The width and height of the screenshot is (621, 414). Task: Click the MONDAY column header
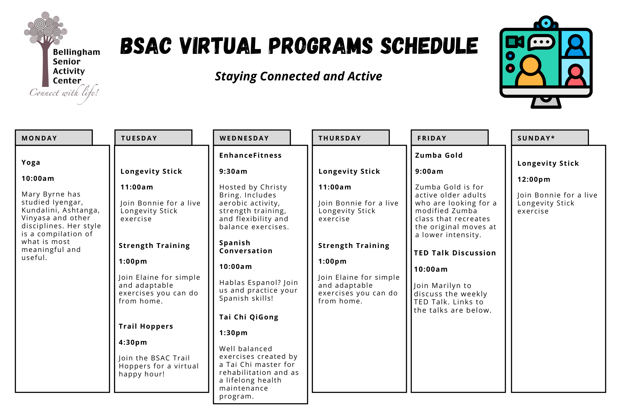click(x=54, y=138)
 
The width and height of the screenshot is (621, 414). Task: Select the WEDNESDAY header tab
click(x=252, y=138)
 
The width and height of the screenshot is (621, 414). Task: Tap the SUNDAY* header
click(x=550, y=138)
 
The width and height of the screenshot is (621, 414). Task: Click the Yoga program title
click(x=31, y=163)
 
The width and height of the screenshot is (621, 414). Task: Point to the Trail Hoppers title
click(x=146, y=326)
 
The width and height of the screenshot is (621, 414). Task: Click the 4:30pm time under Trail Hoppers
click(x=133, y=342)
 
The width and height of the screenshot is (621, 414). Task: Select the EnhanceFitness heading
click(x=250, y=155)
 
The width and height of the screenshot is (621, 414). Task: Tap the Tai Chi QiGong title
click(x=249, y=317)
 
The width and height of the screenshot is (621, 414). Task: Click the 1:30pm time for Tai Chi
click(x=233, y=333)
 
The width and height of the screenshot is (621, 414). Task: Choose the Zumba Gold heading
click(x=439, y=155)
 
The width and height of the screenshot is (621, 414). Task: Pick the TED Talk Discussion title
click(x=455, y=253)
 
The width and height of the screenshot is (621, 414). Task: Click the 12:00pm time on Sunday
click(x=534, y=179)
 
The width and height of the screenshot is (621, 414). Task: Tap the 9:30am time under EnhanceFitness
click(x=233, y=171)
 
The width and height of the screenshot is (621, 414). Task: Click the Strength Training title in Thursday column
click(x=354, y=246)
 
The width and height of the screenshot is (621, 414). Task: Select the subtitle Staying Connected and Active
click(x=298, y=76)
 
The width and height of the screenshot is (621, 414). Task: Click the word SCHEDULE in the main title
click(x=429, y=46)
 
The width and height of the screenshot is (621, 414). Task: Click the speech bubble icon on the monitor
click(x=541, y=42)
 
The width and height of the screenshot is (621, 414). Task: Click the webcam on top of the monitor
click(x=546, y=22)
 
